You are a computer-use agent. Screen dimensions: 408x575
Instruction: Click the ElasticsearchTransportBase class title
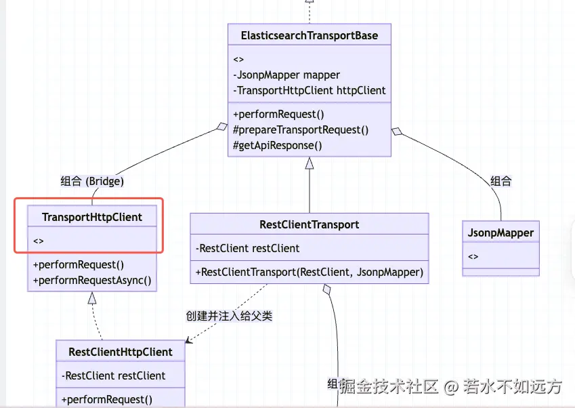pos(309,35)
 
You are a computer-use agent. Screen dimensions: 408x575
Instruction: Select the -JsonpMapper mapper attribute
pos(286,75)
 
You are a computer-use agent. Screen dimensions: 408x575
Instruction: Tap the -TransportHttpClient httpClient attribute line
pos(310,90)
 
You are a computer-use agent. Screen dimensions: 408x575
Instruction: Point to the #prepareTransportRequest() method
pos(301,129)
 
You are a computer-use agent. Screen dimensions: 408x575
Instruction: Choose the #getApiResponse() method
pos(278,145)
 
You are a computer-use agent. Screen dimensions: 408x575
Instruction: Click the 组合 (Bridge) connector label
pos(92,181)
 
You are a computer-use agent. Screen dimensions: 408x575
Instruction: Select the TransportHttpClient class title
pos(92,217)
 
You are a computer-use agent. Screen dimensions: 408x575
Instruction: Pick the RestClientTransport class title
pos(309,224)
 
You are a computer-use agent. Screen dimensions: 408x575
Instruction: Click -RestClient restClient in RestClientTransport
pos(248,248)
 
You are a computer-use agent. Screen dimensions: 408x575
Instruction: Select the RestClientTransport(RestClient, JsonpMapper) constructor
pos(310,272)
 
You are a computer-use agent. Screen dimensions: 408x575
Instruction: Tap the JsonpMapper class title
pos(501,232)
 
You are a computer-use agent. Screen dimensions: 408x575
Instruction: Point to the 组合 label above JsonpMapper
pos(501,181)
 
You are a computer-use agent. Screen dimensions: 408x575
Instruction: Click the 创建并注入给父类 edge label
pos(229,316)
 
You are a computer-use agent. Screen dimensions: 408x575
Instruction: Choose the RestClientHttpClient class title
pos(121,352)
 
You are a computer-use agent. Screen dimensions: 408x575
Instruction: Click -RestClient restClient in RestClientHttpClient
pos(114,375)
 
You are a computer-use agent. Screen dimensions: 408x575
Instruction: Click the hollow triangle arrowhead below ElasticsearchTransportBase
pos(310,163)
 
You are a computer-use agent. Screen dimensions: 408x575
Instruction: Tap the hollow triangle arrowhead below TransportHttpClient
pos(92,298)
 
